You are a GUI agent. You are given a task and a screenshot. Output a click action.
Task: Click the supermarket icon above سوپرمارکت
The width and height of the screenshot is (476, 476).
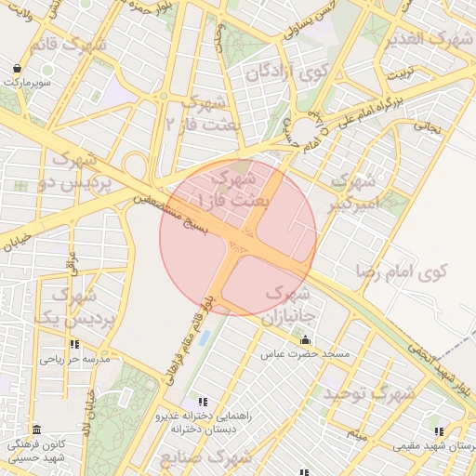click(19, 69)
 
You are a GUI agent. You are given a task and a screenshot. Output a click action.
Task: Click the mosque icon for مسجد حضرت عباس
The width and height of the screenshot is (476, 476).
click(305, 340)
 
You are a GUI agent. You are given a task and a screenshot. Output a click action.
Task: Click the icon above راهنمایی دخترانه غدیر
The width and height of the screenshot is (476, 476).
click(203, 402)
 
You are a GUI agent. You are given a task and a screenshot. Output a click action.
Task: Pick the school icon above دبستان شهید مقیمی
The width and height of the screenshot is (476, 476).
click(438, 431)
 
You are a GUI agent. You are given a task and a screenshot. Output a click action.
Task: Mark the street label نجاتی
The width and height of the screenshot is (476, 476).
click(427, 123)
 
